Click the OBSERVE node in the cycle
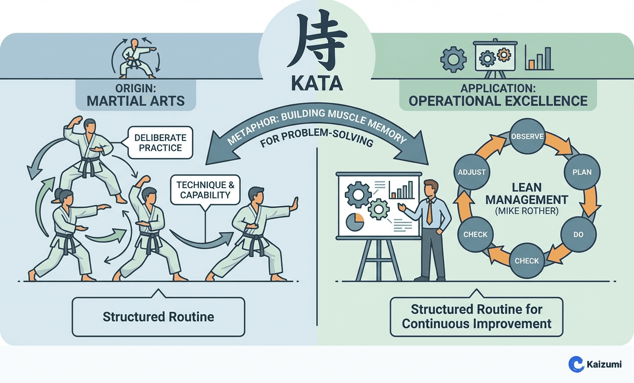[x=527, y=136]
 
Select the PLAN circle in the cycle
[x=582, y=172]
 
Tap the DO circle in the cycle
[x=578, y=234]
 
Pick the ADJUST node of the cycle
[x=471, y=172]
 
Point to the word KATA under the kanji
[x=317, y=84]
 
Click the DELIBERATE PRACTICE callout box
[x=160, y=143]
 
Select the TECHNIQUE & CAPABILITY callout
[x=205, y=190]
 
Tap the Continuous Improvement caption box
[x=476, y=316]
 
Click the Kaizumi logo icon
[x=576, y=364]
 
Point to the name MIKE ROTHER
[x=527, y=211]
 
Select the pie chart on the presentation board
[x=355, y=221]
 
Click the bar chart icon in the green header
[x=539, y=58]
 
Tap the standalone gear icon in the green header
[x=453, y=59]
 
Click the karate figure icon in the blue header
[x=134, y=58]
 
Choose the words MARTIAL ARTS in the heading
[x=136, y=101]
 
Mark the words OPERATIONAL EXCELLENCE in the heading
[x=498, y=101]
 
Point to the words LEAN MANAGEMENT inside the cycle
[x=527, y=194]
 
